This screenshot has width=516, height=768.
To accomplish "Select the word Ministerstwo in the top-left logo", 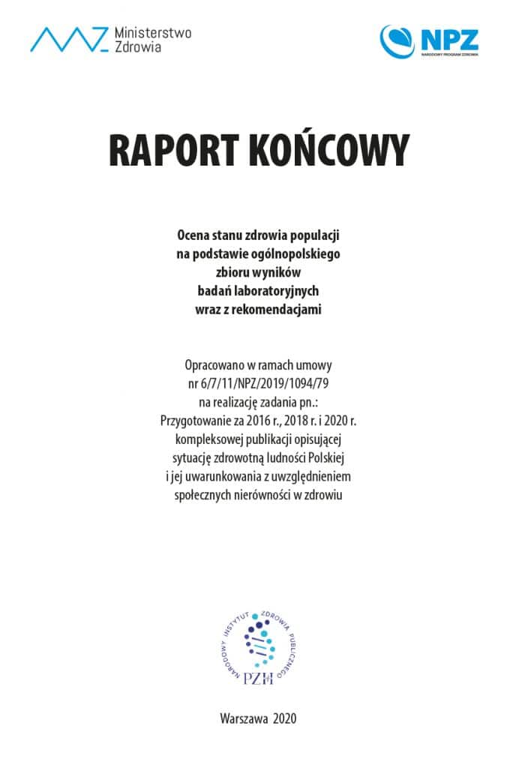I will (153, 32).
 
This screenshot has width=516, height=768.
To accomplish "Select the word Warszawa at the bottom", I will (244, 718).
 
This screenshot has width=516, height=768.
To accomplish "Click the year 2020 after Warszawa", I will (285, 718).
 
